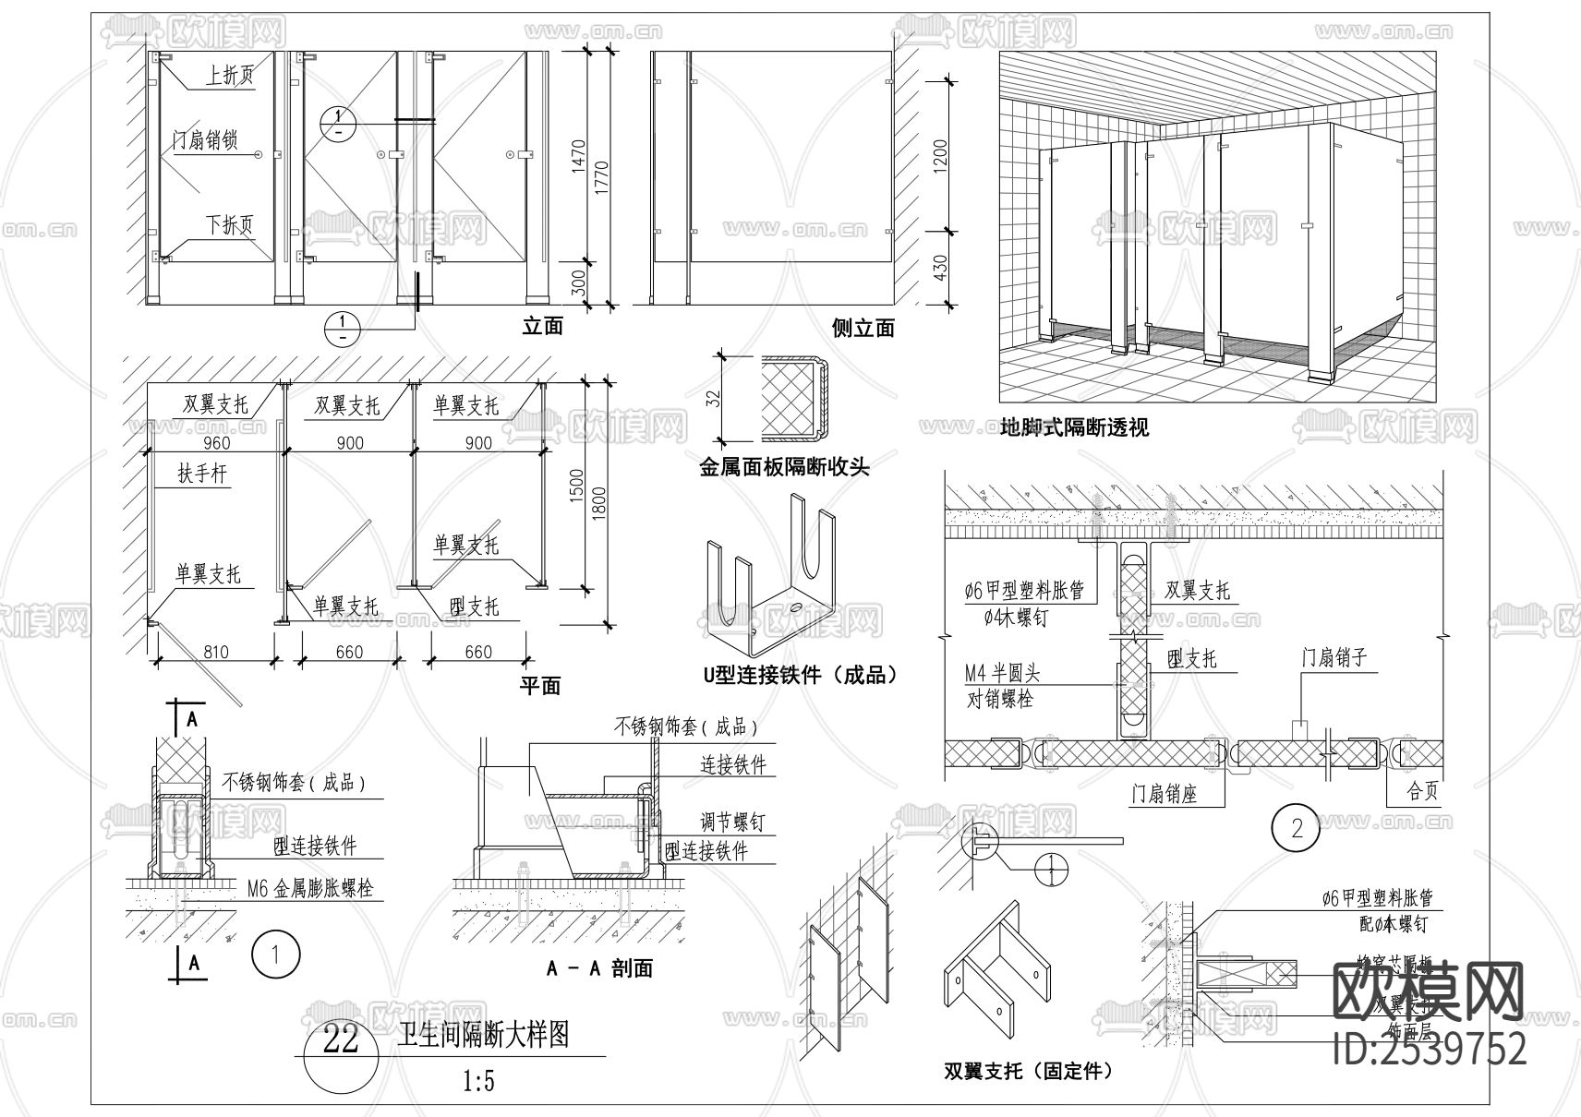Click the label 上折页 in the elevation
pyautogui.click(x=229, y=75)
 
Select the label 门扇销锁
pyautogui.click(x=205, y=140)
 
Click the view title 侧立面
pyautogui.click(x=863, y=328)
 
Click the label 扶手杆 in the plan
pyautogui.click(x=202, y=474)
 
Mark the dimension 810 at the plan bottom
pyautogui.click(x=215, y=652)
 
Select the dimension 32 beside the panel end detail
pyautogui.click(x=713, y=399)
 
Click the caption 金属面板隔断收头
pyautogui.click(x=784, y=468)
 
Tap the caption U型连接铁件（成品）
pyautogui.click(x=800, y=675)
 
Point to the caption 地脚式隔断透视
pyautogui.click(x=1074, y=427)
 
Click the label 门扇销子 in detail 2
pyautogui.click(x=1334, y=657)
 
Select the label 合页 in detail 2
pyautogui.click(x=1422, y=792)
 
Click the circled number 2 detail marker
pyautogui.click(x=1297, y=828)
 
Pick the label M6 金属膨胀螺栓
pyautogui.click(x=310, y=889)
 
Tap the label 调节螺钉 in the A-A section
pyautogui.click(x=732, y=821)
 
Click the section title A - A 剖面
pyautogui.click(x=599, y=968)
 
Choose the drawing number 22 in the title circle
pyautogui.click(x=341, y=1040)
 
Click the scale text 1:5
pyautogui.click(x=477, y=1081)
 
